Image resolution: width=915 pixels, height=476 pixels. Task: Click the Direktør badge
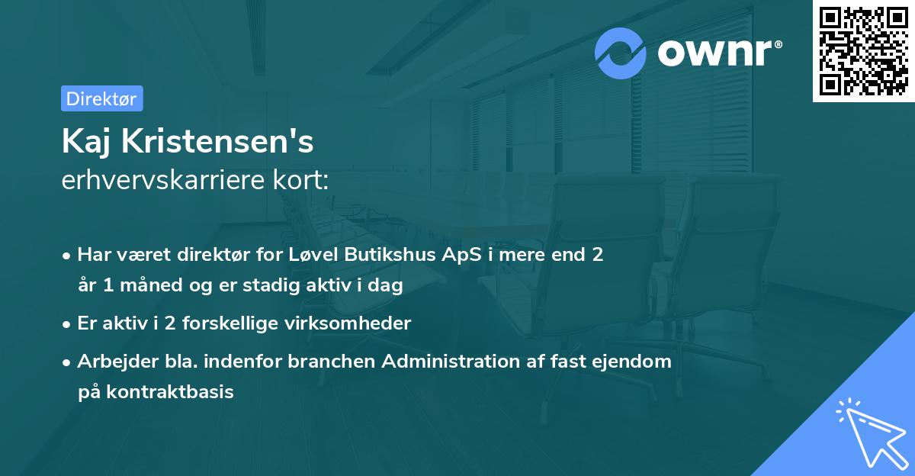point(101,98)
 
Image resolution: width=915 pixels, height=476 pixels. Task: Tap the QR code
point(863,51)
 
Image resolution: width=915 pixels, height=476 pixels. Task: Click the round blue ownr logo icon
point(621,53)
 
